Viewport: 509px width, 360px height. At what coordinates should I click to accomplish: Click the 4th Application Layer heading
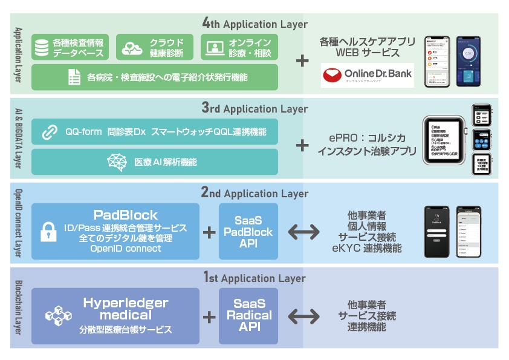(x=255, y=24)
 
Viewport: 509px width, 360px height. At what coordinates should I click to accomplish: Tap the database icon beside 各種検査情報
(x=42, y=47)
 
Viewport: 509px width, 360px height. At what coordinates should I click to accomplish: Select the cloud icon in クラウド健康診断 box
(x=131, y=47)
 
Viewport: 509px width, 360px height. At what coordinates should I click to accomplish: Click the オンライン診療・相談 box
(x=239, y=47)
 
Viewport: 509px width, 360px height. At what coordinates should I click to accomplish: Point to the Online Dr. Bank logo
(x=367, y=75)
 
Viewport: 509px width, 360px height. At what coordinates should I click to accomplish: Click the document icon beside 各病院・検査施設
(x=74, y=77)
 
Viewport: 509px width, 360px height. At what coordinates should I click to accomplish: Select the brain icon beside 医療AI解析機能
(x=115, y=162)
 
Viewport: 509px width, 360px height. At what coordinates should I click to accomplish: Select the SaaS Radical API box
(x=248, y=315)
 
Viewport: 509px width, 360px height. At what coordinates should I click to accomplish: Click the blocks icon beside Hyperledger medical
(x=58, y=316)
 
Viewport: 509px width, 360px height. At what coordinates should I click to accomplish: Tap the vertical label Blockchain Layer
(x=18, y=307)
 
